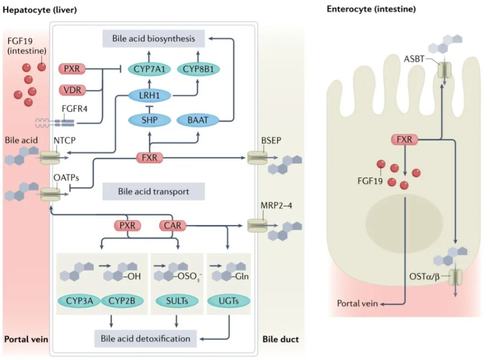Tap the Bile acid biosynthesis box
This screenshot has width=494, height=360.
154,38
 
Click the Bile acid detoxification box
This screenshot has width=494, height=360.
146,338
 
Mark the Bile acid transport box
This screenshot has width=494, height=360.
153,192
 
